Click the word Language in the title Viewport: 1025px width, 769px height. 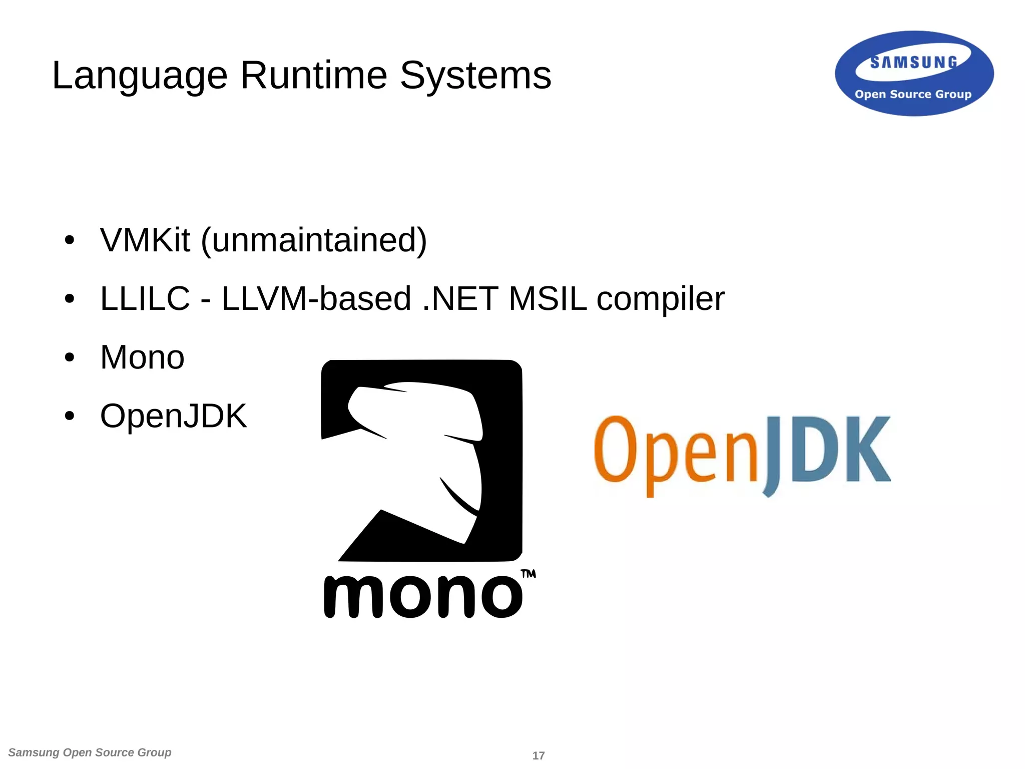[x=140, y=76]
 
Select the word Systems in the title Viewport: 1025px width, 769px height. [x=475, y=76]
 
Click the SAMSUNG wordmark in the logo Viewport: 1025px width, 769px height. [x=913, y=62]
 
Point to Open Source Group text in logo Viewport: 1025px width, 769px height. [x=913, y=94]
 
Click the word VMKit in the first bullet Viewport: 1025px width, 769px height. [x=145, y=240]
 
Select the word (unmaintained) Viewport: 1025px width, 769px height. [x=314, y=241]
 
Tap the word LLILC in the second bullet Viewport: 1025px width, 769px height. [x=145, y=298]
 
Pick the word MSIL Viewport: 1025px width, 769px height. [x=548, y=298]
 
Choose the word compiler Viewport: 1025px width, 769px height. [x=660, y=299]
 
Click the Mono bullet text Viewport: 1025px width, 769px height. [x=142, y=357]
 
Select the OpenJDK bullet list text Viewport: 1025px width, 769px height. [x=173, y=416]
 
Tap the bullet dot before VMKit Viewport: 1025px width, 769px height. [x=70, y=240]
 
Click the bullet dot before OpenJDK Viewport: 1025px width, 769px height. [x=70, y=416]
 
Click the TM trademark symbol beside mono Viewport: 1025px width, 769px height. [x=528, y=574]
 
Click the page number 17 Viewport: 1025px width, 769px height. [x=538, y=755]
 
